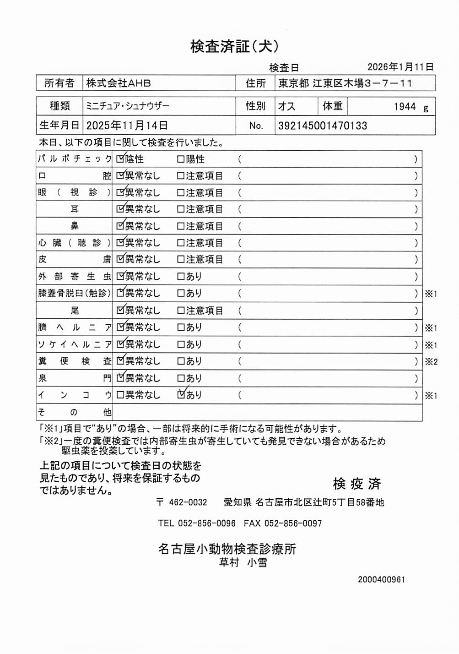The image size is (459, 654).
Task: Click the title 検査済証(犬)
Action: click(x=234, y=46)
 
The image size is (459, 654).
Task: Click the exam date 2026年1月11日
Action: click(x=400, y=67)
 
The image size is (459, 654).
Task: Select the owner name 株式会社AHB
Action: click(x=119, y=83)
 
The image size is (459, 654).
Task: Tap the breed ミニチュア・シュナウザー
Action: click(x=128, y=106)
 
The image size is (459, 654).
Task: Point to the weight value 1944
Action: click(x=405, y=107)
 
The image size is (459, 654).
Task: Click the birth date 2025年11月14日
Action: click(x=127, y=125)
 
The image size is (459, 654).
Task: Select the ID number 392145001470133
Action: click(x=323, y=125)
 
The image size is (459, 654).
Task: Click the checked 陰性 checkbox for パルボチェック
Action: click(x=120, y=159)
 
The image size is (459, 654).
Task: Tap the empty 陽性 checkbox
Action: click(x=181, y=159)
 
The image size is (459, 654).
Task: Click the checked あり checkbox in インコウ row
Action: click(x=181, y=394)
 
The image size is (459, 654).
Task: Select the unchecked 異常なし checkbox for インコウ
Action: click(x=120, y=395)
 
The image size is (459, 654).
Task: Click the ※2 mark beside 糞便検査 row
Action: click(x=431, y=362)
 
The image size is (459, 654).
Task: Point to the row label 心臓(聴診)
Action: click(x=74, y=243)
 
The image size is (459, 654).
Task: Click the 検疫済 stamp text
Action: click(x=356, y=484)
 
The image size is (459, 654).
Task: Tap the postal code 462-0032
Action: click(x=188, y=502)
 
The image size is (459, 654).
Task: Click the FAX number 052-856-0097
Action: click(x=293, y=523)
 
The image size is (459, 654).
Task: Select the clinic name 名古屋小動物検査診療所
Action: click(x=227, y=548)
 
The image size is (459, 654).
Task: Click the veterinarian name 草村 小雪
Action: click(x=243, y=562)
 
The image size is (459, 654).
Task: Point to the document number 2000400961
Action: click(x=381, y=579)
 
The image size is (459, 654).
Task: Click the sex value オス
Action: click(x=286, y=106)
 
